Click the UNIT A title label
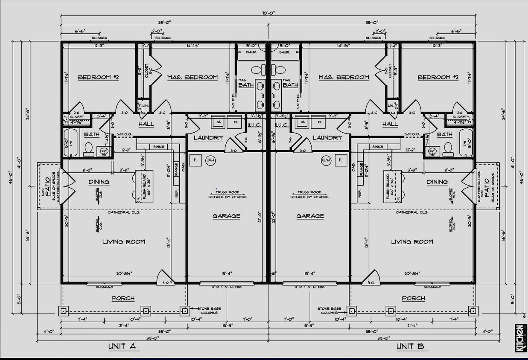pyautogui.click(x=122, y=346)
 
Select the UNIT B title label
pyautogui.click(x=410, y=346)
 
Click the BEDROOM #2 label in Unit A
pyautogui.click(x=98, y=77)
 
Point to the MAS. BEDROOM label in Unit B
pyautogui.click(x=344, y=77)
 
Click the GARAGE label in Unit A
pyautogui.click(x=226, y=216)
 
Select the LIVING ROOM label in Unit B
pyautogui.click(x=412, y=242)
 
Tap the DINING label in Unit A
pyautogui.click(x=99, y=182)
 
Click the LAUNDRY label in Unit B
pyautogui.click(x=327, y=138)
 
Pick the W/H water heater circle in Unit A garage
pyautogui.click(x=210, y=160)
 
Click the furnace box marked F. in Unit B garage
pyautogui.click(x=340, y=160)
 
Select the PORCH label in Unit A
pyautogui.click(x=123, y=298)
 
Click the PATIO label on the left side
pyautogui.click(x=47, y=186)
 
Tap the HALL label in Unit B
pyautogui.click(x=390, y=124)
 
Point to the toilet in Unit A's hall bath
pyautogui.click(x=89, y=148)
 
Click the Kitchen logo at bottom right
pyautogui.click(x=519, y=338)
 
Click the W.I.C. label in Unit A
pyautogui.click(x=254, y=125)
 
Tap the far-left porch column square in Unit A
pyautogui.click(x=63, y=311)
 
